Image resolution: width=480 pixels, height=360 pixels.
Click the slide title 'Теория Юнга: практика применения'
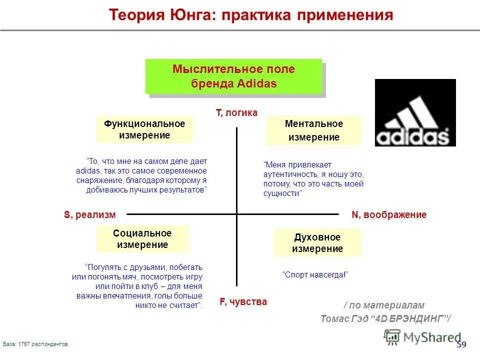click(251, 15)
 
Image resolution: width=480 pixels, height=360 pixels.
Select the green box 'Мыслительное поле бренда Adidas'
click(233, 76)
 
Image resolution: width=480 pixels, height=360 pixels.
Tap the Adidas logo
click(415, 112)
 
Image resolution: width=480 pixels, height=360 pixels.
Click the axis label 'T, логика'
click(236, 113)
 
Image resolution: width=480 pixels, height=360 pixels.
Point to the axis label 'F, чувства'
click(243, 302)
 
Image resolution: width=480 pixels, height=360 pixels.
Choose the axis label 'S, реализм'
click(89, 215)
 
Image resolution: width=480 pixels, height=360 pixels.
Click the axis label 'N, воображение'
click(389, 215)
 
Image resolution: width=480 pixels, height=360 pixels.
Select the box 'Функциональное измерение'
click(144, 129)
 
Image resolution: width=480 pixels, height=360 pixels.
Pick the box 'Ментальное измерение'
click(313, 130)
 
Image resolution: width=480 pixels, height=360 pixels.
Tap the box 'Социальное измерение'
click(142, 239)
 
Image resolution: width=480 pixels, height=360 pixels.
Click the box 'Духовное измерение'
click(317, 243)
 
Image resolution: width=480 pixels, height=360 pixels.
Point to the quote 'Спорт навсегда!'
click(315, 275)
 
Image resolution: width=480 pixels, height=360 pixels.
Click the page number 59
click(461, 344)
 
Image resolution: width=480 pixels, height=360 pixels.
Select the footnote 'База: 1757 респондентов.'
click(36, 344)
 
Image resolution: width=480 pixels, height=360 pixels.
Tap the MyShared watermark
click(423, 337)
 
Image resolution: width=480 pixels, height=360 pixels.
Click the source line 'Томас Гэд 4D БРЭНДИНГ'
click(385, 318)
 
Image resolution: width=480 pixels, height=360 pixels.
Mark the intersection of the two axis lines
click(237, 214)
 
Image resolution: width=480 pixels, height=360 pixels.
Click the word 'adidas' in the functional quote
click(85, 171)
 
